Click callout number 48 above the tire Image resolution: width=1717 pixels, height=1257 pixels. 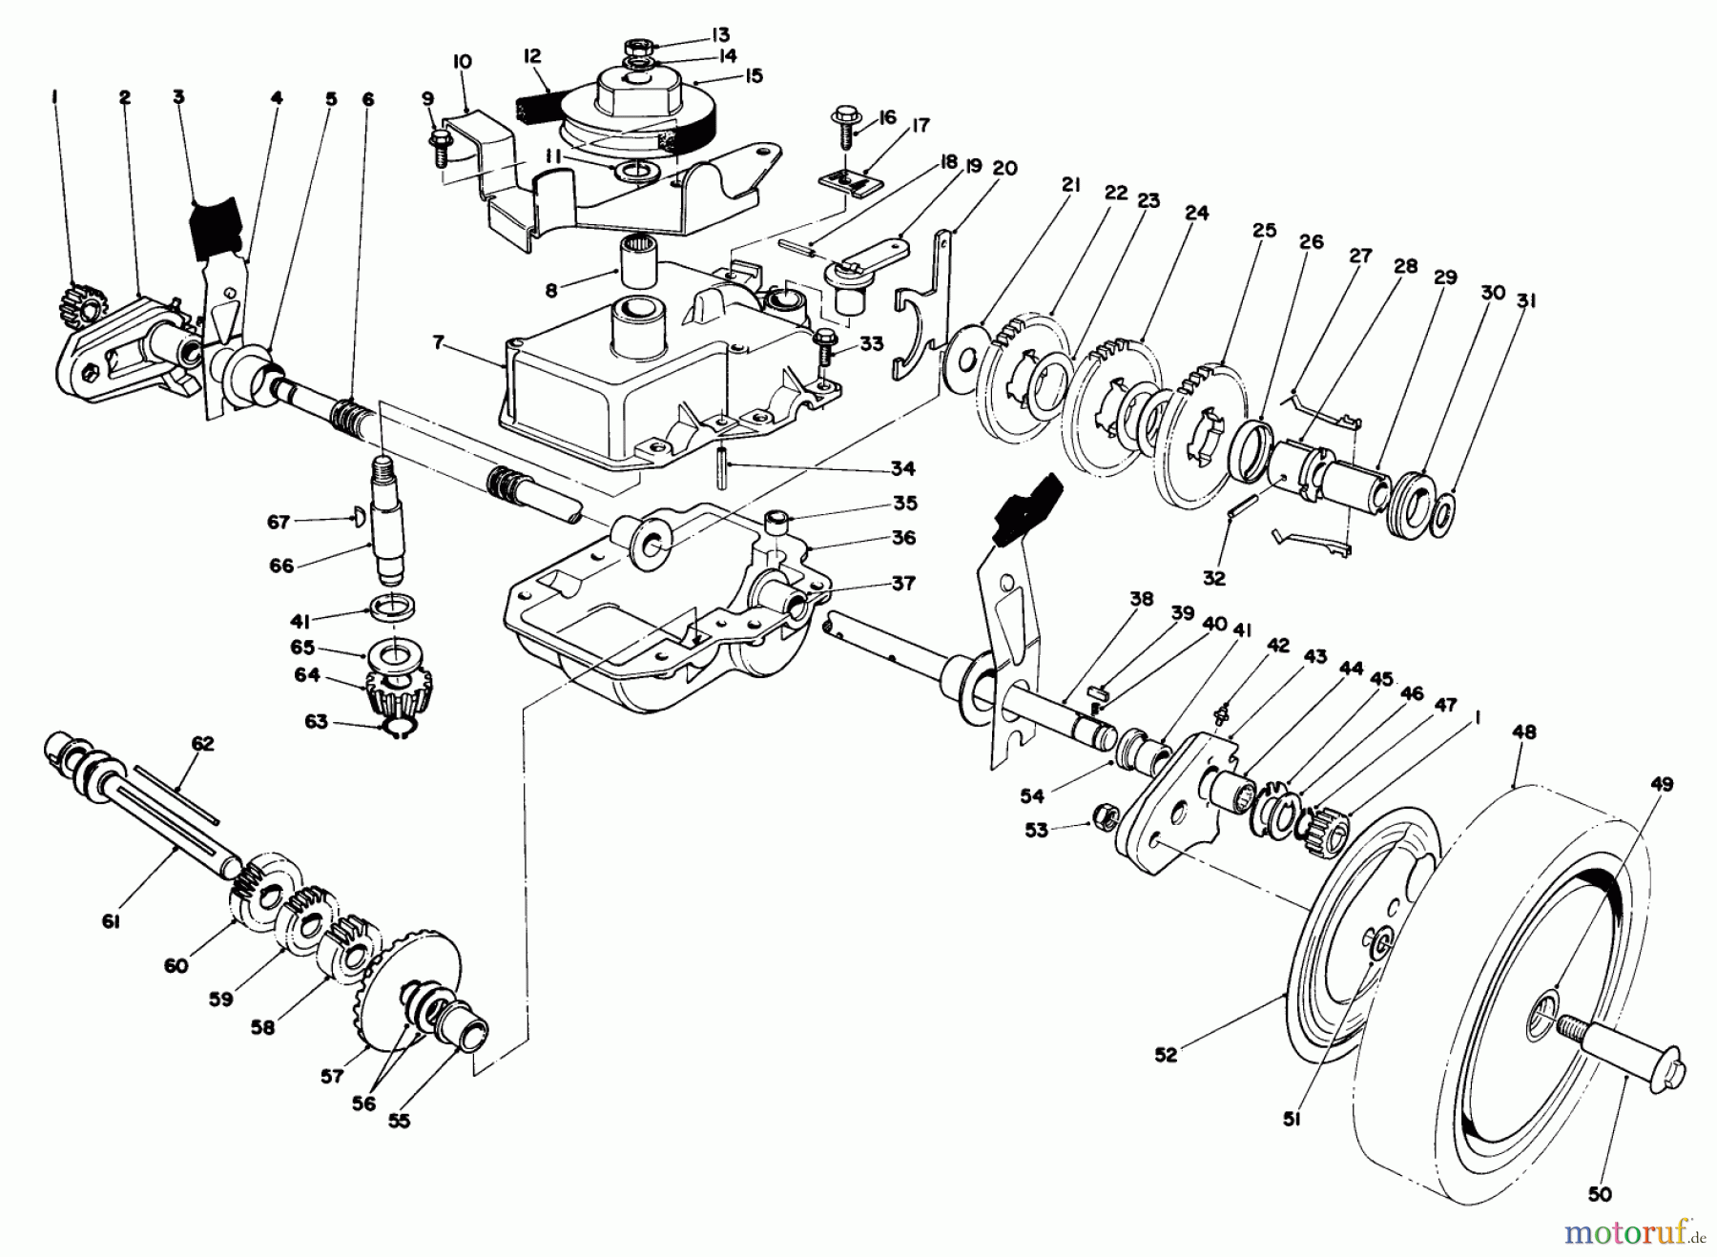pyautogui.click(x=1524, y=732)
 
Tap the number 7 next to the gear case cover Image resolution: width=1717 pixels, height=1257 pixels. pyautogui.click(x=438, y=342)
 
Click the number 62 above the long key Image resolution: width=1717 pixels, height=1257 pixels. pyautogui.click(x=202, y=743)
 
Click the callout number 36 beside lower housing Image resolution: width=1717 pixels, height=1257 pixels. pyautogui.click(x=903, y=538)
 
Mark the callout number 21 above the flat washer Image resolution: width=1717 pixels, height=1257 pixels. pyautogui.click(x=1070, y=185)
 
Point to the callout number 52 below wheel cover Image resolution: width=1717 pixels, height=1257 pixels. pyautogui.click(x=1166, y=1054)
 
